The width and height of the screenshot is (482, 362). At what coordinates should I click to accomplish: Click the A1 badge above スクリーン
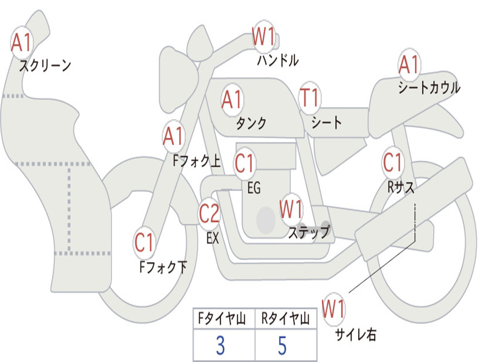pos(22,43)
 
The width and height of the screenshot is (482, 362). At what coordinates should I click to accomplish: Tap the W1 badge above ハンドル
pos(264,37)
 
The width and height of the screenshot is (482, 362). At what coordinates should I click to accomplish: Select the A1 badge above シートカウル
pos(409,65)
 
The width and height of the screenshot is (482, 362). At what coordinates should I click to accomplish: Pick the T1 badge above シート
pos(310,98)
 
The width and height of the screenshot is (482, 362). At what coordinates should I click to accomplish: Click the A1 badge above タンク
pos(232,99)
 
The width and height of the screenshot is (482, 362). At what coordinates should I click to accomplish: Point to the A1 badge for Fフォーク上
pos(173,137)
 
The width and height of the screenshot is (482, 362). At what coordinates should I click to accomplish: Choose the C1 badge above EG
pos(245,163)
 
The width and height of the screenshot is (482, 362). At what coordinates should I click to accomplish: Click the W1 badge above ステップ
pos(291,209)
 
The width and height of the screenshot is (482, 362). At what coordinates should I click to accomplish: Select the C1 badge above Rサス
pos(393,163)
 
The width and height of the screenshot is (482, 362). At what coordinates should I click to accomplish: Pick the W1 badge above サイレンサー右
pos(333,309)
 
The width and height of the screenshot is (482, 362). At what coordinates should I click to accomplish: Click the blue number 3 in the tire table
pos(220,346)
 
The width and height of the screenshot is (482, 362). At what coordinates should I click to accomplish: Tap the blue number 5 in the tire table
pos(282,346)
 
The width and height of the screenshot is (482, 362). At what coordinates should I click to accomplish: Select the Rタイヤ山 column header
pos(286,320)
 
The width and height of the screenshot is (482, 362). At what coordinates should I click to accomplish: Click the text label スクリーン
pos(45,66)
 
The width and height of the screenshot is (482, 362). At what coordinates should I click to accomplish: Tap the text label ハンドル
pos(278,60)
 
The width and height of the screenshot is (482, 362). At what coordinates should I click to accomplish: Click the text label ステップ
pos(309,232)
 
